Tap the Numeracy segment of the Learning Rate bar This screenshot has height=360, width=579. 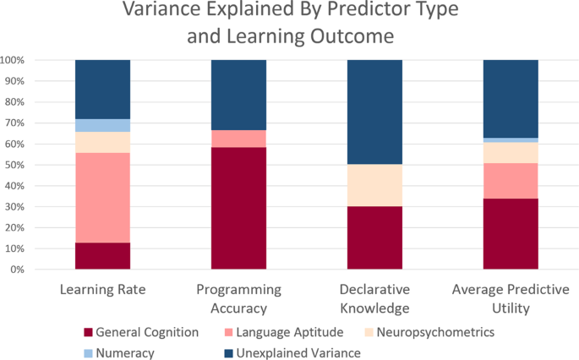pos(102,125)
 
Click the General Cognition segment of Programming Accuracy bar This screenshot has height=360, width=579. pos(238,208)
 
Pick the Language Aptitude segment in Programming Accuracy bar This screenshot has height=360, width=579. pos(238,139)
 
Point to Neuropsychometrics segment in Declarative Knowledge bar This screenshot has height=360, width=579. pos(374,185)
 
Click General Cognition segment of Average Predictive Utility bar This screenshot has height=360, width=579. pos(511,234)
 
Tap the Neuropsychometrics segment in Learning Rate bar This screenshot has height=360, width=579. pos(102,142)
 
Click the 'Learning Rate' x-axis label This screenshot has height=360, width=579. pos(102,290)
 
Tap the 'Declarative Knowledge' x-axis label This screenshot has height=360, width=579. pos(374,298)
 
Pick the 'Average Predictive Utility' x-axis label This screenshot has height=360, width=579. pos(511,298)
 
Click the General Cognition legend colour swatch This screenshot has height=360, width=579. pos(88,332)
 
